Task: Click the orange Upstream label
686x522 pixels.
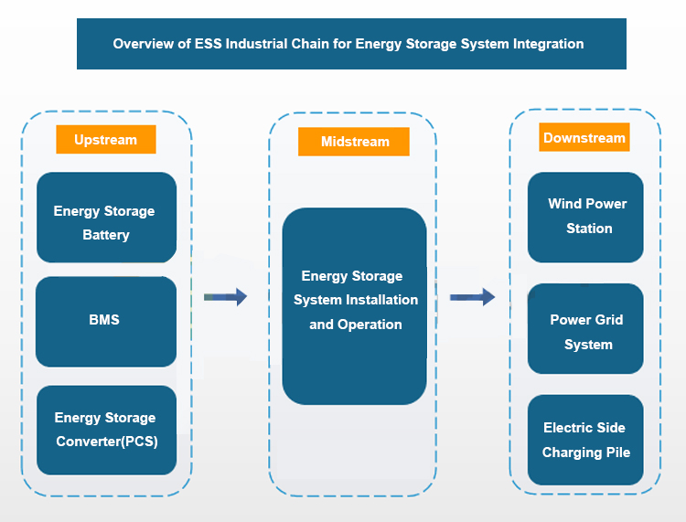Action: click(x=105, y=140)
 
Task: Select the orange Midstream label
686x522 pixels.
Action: click(x=354, y=142)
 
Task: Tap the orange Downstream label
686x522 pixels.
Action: click(x=584, y=138)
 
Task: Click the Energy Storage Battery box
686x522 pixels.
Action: click(x=106, y=218)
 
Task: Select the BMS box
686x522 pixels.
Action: click(x=106, y=321)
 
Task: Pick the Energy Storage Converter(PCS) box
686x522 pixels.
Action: click(x=106, y=430)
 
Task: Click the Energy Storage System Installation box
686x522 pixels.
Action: click(x=355, y=305)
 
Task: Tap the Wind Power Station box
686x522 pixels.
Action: click(x=585, y=217)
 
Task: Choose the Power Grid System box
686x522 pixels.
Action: click(x=585, y=329)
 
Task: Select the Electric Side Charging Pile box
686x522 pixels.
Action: click(x=585, y=440)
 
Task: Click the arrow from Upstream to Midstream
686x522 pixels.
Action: click(x=225, y=296)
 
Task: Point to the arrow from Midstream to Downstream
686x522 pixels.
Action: click(x=472, y=296)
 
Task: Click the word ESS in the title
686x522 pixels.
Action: click(x=204, y=43)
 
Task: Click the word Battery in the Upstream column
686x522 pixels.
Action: click(x=106, y=235)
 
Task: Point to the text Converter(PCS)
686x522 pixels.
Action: click(x=105, y=442)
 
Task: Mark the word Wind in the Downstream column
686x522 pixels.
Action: click(x=564, y=204)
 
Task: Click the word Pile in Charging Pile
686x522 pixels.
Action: click(x=616, y=452)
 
